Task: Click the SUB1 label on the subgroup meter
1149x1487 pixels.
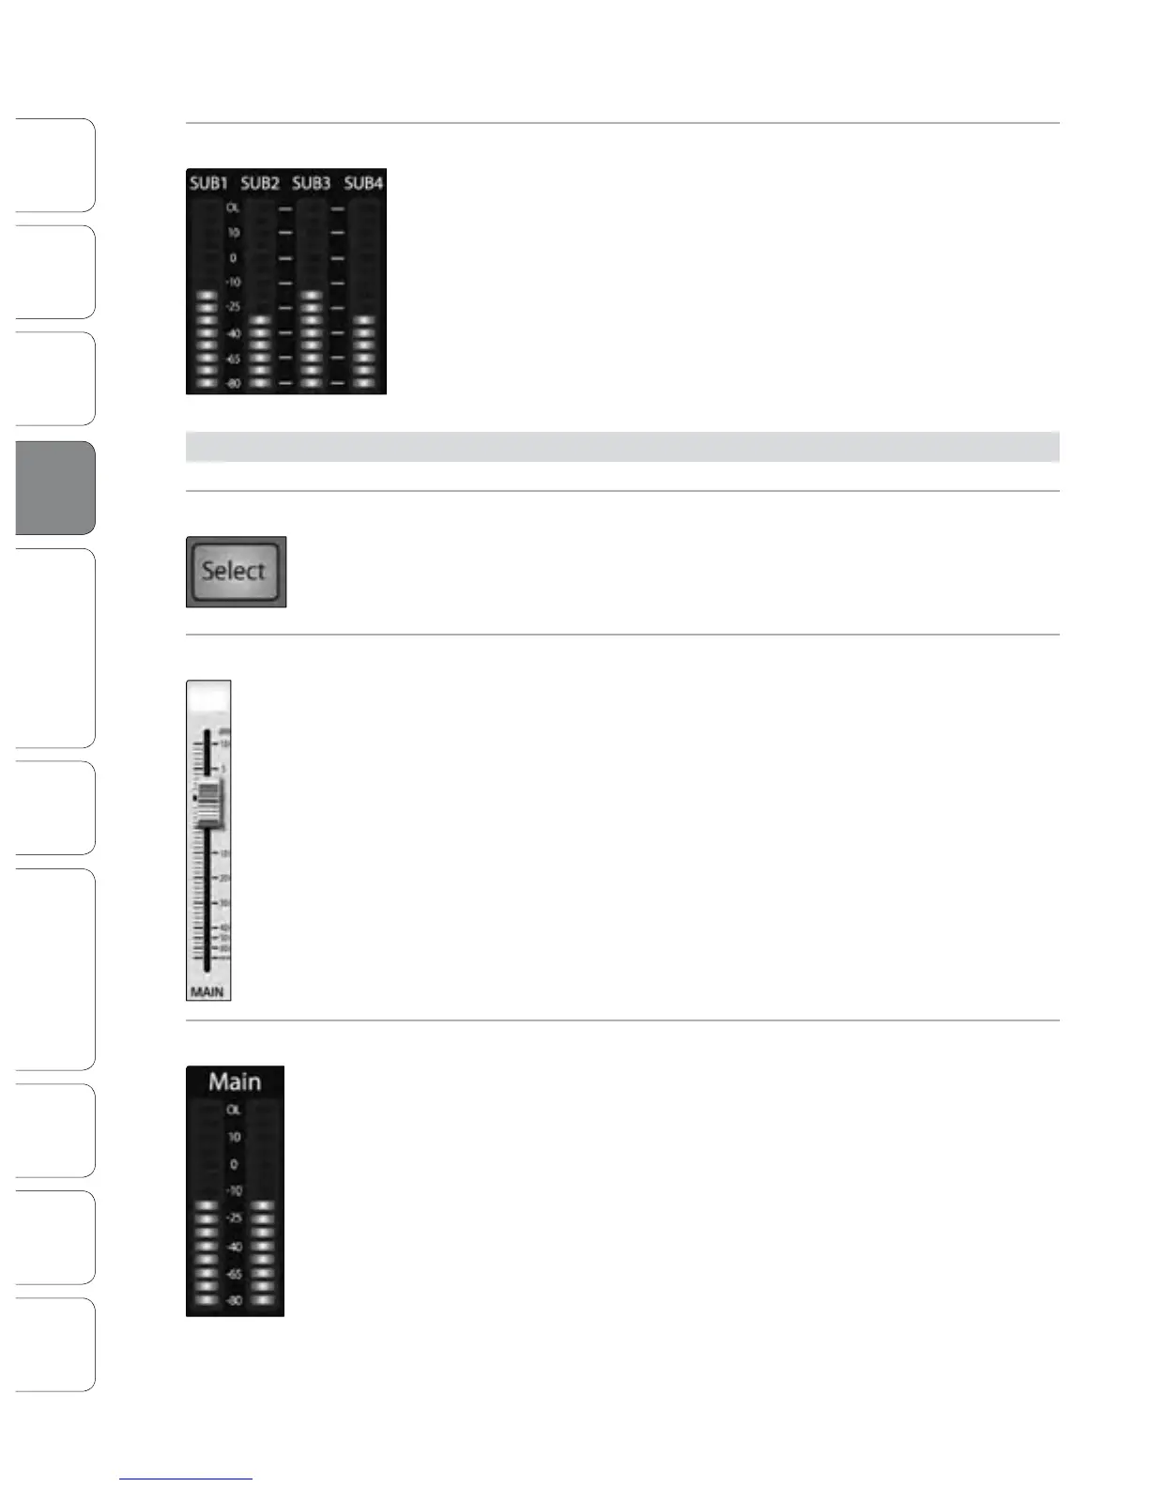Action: pos(208,183)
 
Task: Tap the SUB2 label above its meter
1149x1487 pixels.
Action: pos(260,183)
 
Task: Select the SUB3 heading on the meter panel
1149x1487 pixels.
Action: pos(311,183)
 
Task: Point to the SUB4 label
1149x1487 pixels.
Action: pos(363,183)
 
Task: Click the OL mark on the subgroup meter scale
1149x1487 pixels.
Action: pos(233,208)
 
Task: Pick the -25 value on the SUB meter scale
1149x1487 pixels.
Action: pos(233,307)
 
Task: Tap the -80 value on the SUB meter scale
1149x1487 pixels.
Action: pos(233,383)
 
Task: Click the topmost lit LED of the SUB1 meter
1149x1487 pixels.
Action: pos(207,295)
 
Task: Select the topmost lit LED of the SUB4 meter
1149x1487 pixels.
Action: pos(363,320)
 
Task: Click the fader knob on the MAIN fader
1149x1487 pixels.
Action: pos(209,802)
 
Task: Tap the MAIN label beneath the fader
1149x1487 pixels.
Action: pos(207,991)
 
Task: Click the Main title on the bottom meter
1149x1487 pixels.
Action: pos(235,1081)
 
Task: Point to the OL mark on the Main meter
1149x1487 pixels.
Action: pos(234,1110)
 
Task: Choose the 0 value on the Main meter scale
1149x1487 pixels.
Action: pos(234,1164)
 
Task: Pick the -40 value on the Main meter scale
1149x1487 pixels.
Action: pos(234,1247)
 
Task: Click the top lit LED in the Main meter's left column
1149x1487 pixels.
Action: pos(207,1205)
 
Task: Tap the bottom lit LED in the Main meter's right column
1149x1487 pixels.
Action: pos(263,1300)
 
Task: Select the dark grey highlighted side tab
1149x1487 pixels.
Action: pos(55,487)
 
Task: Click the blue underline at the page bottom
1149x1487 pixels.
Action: pos(186,1479)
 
